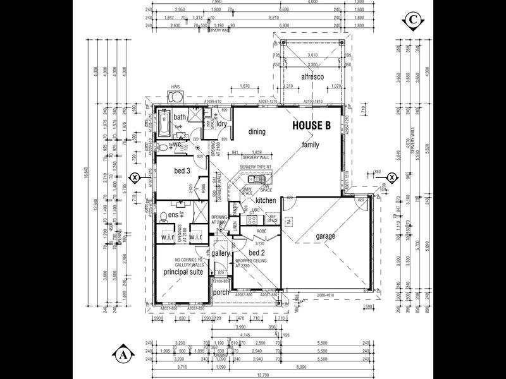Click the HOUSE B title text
312,126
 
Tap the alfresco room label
312,76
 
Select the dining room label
257,132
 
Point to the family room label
311,145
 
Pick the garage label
326,237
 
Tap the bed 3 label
182,172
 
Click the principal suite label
182,272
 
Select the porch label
221,292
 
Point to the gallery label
221,253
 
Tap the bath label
180,117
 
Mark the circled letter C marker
411,21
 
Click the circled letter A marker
123,354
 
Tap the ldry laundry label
222,124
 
